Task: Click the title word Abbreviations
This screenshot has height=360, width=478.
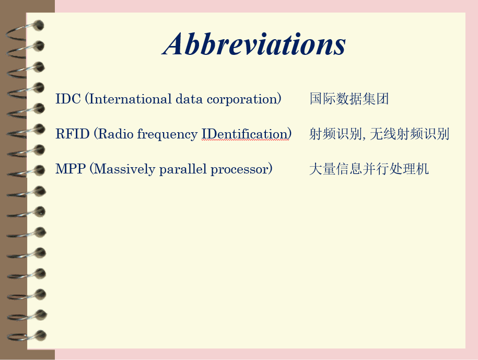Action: (254, 44)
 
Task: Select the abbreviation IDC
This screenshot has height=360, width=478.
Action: (68, 99)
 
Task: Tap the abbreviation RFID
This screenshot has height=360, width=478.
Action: (73, 134)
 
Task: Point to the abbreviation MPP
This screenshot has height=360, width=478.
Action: (71, 169)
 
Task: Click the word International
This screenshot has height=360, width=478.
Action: (130, 99)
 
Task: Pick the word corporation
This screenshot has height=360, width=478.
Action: (242, 100)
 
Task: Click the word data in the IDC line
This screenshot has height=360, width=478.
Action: (189, 99)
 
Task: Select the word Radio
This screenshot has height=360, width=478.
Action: (116, 134)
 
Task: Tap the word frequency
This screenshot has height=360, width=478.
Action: (167, 135)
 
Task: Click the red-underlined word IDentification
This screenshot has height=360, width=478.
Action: (244, 134)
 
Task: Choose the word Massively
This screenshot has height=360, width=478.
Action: (125, 169)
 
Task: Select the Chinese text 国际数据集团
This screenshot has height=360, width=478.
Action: (349, 99)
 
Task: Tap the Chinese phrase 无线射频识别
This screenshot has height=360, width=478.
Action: (410, 134)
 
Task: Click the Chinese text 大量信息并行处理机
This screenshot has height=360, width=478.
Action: (369, 169)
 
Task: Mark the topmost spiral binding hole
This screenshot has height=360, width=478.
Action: (39, 25)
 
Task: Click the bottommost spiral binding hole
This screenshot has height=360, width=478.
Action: (41, 335)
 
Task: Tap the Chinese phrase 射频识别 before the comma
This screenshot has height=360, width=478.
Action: (335, 134)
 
